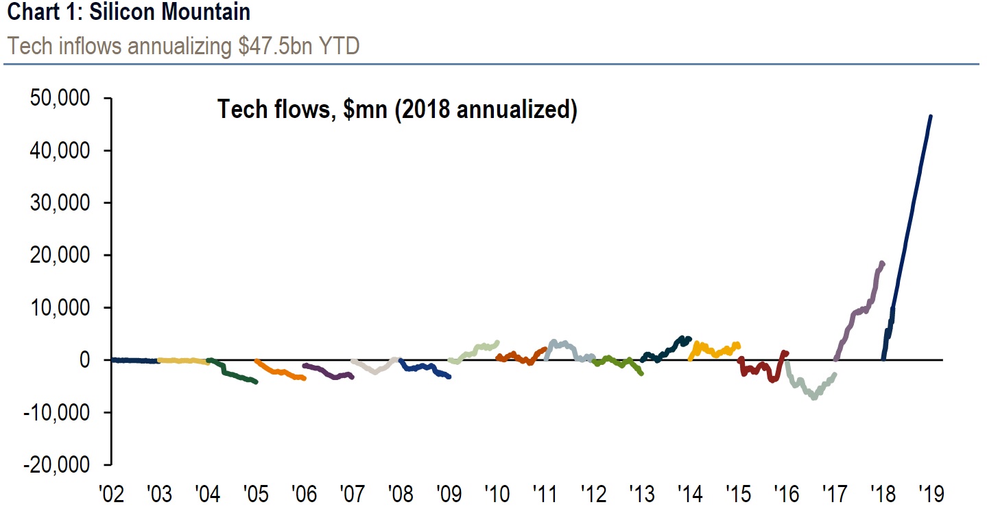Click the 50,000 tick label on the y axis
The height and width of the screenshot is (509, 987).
pos(60,99)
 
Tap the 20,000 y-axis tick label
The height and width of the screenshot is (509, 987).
pos(60,255)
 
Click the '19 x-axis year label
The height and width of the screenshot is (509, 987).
pos(931,493)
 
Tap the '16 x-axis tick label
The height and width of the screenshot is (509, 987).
pos(784,493)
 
